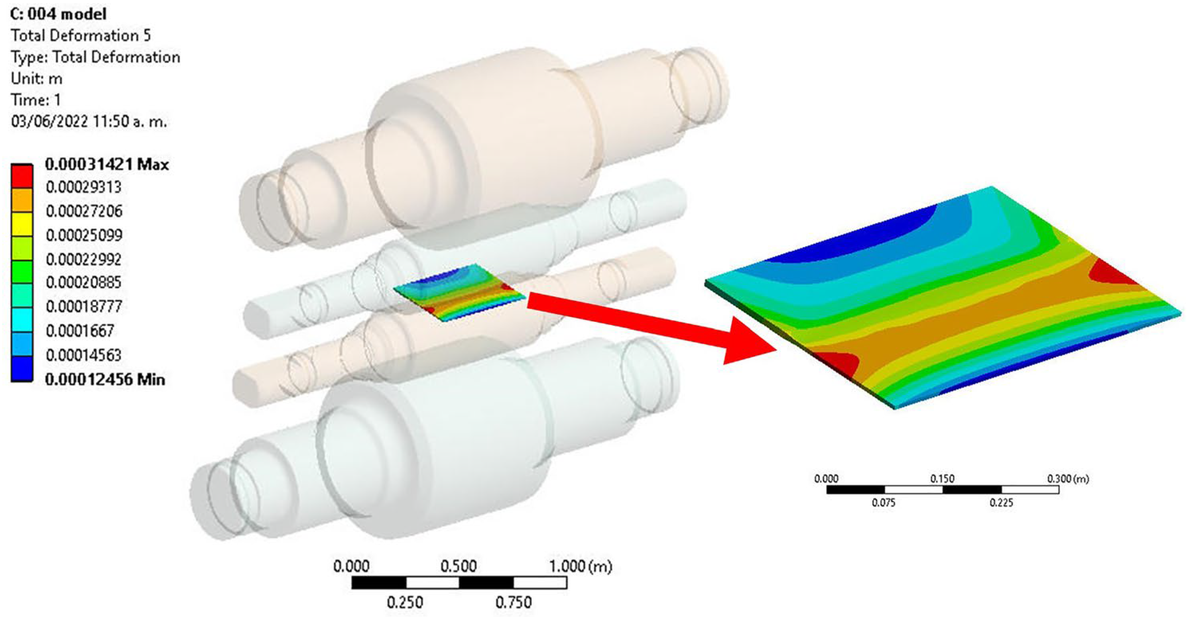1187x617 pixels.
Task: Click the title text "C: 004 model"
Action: click(x=59, y=14)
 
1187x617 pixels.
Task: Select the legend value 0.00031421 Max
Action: click(x=107, y=164)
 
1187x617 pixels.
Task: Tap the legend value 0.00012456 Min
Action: click(x=105, y=380)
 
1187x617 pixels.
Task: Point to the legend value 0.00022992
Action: click(x=84, y=259)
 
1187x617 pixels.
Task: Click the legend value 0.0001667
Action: click(x=80, y=331)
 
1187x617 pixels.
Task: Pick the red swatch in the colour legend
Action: click(x=22, y=176)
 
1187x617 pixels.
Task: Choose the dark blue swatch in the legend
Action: click(x=22, y=369)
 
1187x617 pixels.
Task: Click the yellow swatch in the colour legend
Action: click(x=22, y=224)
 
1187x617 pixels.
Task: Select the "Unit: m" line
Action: click(x=36, y=78)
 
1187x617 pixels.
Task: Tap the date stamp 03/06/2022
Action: click(x=49, y=121)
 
